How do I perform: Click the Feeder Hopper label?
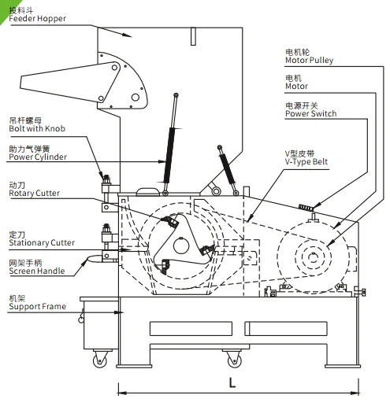(37, 18)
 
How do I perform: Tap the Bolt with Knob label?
(37, 128)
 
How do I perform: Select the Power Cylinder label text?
(38, 157)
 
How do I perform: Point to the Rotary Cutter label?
(34, 193)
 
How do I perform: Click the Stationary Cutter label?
(42, 242)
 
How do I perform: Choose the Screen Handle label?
(37, 271)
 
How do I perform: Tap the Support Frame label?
(37, 306)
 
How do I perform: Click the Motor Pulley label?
(309, 61)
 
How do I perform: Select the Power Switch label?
(310, 113)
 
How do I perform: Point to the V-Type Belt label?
(306, 161)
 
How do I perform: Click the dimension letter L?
(232, 382)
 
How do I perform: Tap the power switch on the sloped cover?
(306, 207)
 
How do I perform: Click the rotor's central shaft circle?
(181, 245)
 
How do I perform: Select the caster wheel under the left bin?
(100, 360)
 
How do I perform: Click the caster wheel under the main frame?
(235, 360)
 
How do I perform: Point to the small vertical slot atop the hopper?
(193, 36)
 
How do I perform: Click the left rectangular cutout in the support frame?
(191, 328)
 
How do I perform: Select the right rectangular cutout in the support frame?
(286, 328)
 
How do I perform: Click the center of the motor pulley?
(313, 257)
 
